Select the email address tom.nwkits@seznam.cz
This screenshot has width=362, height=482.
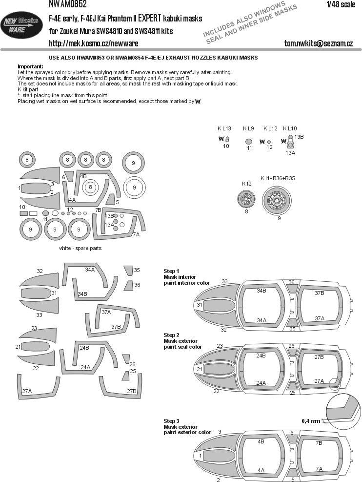click(x=318, y=44)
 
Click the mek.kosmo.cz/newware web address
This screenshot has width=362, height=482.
click(x=93, y=44)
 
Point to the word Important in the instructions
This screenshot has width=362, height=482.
click(x=30, y=66)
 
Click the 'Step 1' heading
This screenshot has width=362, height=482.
click(x=171, y=271)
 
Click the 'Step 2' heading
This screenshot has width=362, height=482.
click(x=171, y=335)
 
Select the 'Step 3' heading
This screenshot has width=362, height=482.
click(x=171, y=420)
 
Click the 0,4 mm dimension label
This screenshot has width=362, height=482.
click(x=310, y=421)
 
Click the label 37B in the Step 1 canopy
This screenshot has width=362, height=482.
click(x=320, y=293)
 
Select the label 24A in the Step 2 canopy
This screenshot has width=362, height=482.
click(x=261, y=382)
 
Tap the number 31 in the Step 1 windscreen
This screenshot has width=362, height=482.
click(x=200, y=305)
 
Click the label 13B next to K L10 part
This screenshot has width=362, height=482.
click(x=299, y=136)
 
